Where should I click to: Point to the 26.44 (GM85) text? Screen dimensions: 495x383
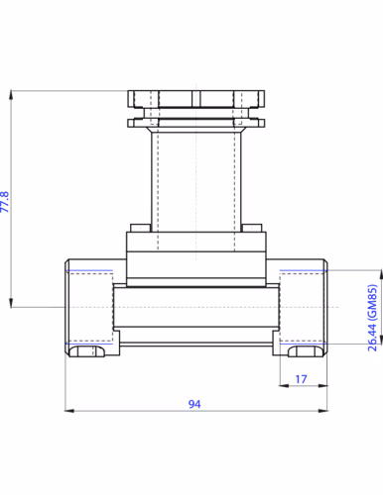click(371, 317)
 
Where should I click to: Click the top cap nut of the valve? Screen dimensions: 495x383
click(195, 99)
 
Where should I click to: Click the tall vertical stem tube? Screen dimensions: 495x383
click(195, 178)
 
